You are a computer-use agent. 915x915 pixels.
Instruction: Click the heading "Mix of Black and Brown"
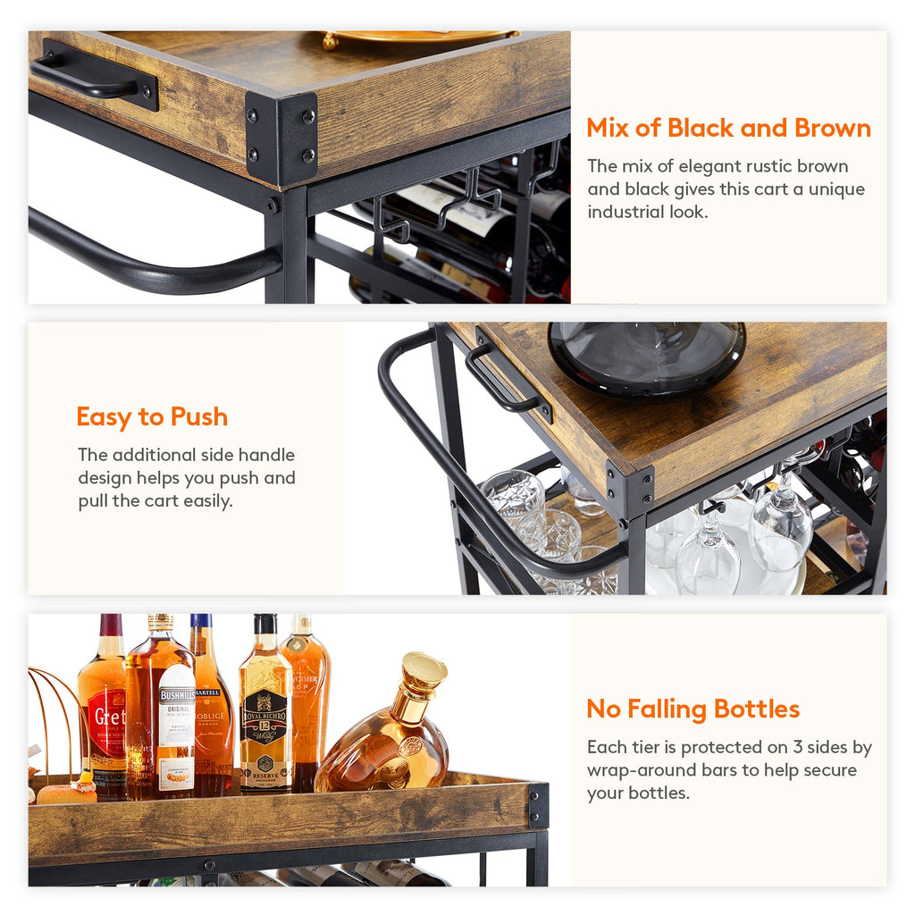(x=728, y=128)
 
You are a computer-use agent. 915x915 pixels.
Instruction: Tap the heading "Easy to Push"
(x=152, y=417)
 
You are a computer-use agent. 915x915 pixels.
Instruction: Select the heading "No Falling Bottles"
(x=693, y=709)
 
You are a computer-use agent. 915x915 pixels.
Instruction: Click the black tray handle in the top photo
(x=94, y=75)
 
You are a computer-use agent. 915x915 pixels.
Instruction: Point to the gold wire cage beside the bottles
(x=55, y=715)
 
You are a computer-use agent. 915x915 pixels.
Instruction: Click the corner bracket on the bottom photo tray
(x=538, y=805)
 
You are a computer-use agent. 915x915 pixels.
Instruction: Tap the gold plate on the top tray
(x=420, y=38)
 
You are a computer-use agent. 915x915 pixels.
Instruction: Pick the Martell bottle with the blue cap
(x=211, y=706)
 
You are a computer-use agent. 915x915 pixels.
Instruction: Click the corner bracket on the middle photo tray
(x=629, y=491)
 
